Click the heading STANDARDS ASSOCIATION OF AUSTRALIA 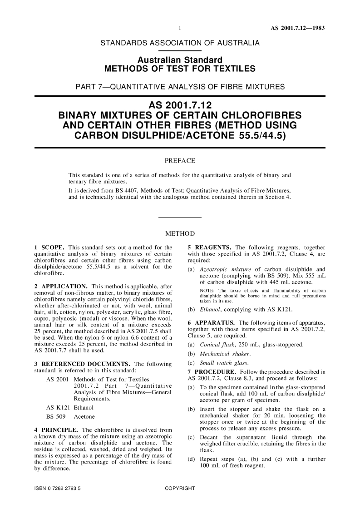point(180,43)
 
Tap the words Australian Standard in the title point(180,60)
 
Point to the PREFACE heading point(180,161)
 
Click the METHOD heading point(180,234)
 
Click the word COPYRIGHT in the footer point(180,489)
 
